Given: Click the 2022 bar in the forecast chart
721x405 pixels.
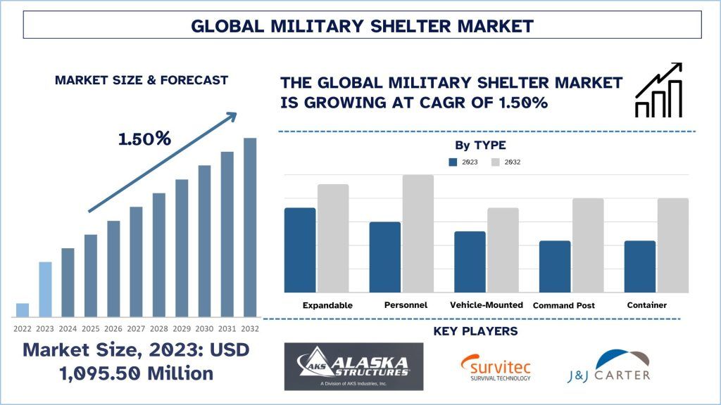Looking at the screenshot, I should tap(23, 310).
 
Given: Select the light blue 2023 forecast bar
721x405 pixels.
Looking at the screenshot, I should tap(45, 290).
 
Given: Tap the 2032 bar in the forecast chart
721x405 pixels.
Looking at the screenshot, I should tap(250, 227).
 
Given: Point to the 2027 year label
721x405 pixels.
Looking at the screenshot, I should tap(136, 328).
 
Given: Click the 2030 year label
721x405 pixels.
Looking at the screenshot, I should tap(204, 328).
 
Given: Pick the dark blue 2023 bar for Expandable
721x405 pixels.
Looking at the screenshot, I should tap(300, 250).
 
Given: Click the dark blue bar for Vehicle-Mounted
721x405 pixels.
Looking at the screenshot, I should tap(470, 262).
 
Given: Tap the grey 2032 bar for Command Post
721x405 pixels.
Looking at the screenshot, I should tap(587, 245).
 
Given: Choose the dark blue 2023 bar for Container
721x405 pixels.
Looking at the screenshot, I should tap(640, 266).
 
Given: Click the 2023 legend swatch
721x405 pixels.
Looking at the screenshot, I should tap(453, 162).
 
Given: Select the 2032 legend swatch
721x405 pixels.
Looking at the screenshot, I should tap(496, 162).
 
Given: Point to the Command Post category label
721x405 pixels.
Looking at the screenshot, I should tap(564, 306).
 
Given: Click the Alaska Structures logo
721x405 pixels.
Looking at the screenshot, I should tap(353, 366).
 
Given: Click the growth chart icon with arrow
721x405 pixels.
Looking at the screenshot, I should tap(658, 90).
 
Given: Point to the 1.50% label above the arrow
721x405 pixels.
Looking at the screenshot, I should tap(144, 139).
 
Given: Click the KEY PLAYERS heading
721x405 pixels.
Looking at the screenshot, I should tap(475, 331).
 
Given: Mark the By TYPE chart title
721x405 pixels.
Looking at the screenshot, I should tap(480, 146).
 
